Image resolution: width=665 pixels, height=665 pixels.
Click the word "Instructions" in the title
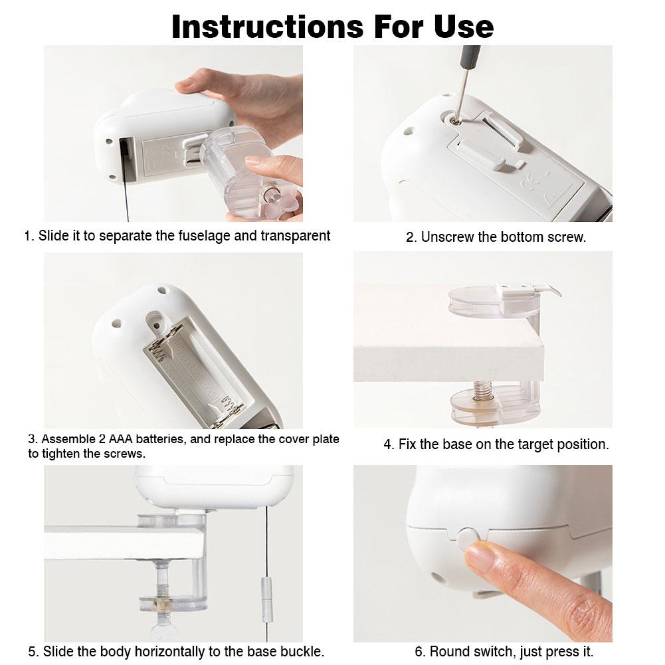pyautogui.click(x=268, y=27)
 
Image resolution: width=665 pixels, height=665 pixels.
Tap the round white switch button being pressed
pyautogui.click(x=468, y=537)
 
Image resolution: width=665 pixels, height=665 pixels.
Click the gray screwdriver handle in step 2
pyautogui.click(x=471, y=56)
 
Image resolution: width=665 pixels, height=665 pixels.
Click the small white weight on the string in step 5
pyautogui.click(x=266, y=599)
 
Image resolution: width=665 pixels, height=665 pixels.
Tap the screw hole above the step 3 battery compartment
pyautogui.click(x=157, y=326)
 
